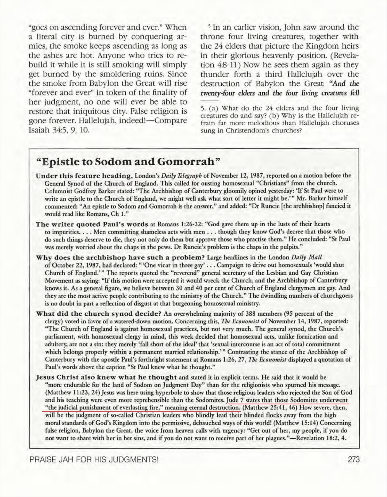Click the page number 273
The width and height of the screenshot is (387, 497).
coord(354,460)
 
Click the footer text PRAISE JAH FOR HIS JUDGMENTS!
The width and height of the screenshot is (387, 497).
coord(94,460)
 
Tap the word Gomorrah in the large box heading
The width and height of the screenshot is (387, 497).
coord(188,162)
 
